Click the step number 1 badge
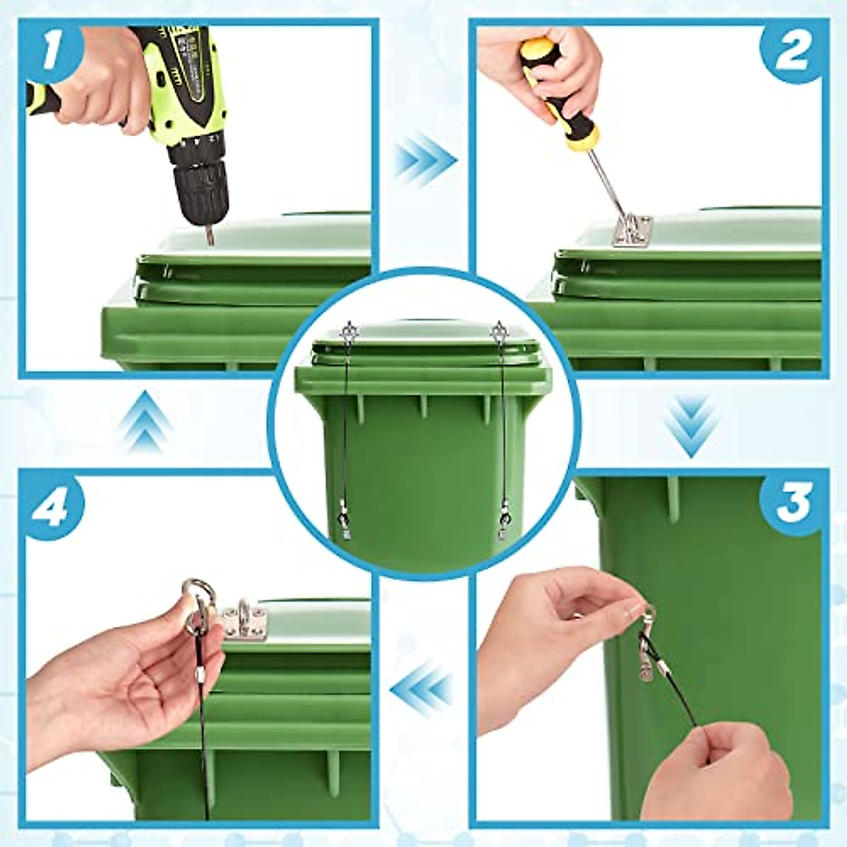[x=51, y=51]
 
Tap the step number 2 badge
[x=792, y=52]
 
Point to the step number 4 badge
[x=51, y=505]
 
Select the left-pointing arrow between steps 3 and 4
[x=423, y=689]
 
